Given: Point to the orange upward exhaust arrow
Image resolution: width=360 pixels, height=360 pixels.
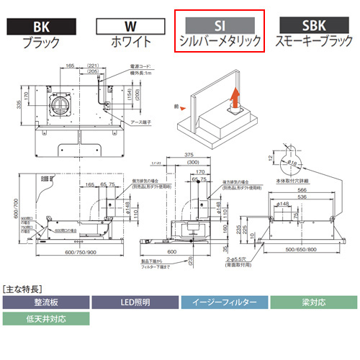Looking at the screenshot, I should (233, 99).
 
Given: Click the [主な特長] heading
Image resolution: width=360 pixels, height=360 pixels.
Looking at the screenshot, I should (25, 287).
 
